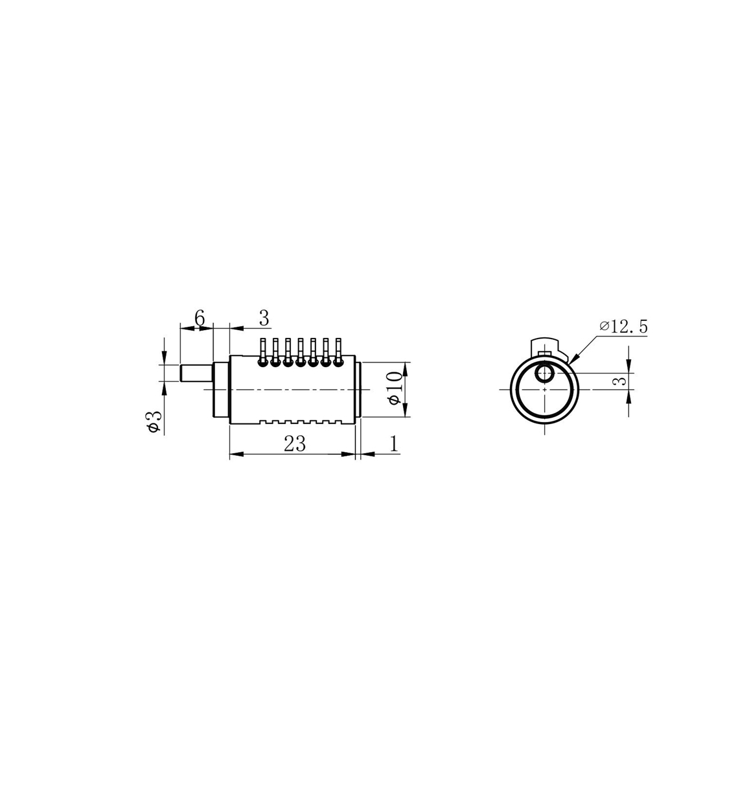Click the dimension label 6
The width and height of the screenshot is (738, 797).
(x=200, y=318)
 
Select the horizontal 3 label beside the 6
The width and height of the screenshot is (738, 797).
(x=264, y=318)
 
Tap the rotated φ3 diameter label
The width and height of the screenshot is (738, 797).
(x=155, y=422)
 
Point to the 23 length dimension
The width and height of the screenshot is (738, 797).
(x=295, y=444)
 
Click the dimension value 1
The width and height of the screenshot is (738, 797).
(x=394, y=444)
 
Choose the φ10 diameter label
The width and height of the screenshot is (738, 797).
(x=395, y=388)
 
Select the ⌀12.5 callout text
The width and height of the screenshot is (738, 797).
(x=623, y=327)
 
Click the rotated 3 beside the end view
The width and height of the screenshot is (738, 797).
(x=619, y=381)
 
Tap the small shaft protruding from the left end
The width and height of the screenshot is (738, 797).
(x=196, y=373)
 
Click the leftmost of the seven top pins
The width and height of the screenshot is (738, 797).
(x=262, y=352)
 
